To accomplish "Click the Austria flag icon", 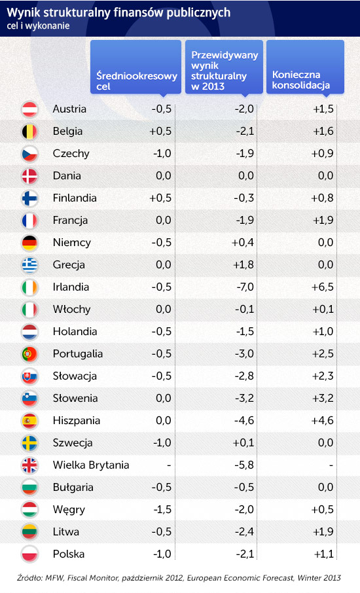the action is click(29, 109).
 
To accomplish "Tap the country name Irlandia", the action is click(71, 287).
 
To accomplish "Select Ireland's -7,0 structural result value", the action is click(245, 287).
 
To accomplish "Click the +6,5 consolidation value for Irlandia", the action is click(323, 287).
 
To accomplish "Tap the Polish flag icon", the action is click(29, 554).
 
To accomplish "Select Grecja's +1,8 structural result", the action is click(243, 264).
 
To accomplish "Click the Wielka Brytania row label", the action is click(91, 465).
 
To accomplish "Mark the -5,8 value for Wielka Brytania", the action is click(244, 465).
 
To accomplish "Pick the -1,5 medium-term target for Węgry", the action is click(162, 510).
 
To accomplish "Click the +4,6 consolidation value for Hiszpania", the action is click(323, 421).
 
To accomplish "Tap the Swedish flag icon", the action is click(29, 443).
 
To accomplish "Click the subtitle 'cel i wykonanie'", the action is click(38, 26).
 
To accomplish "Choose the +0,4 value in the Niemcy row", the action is click(243, 242).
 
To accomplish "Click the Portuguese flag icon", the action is click(29, 354).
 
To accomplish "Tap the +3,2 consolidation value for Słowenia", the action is click(323, 398).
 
